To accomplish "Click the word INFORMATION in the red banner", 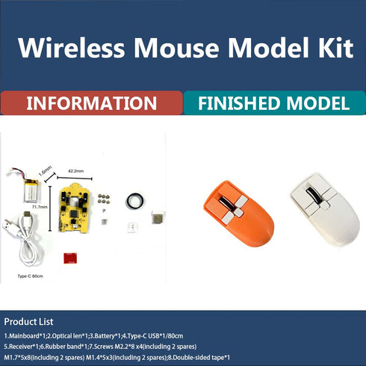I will [x=90, y=103].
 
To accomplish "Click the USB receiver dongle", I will [x=156, y=217].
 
